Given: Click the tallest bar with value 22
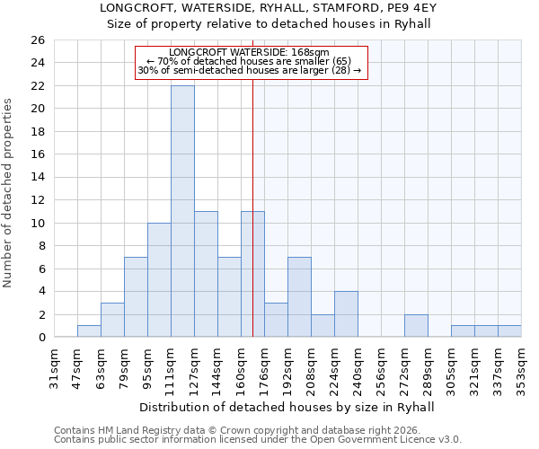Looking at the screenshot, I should coord(182,211).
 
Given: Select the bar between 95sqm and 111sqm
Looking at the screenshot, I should coord(159,280).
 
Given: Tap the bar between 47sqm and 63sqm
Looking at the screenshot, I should coord(89,331).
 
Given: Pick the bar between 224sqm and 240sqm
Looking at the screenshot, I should coord(346,314).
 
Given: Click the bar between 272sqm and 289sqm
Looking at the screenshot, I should coord(416,326).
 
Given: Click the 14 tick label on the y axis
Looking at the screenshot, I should coord(38,178).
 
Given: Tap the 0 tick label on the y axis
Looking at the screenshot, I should coord(41,338).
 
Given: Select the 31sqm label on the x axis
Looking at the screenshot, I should coord(54,368).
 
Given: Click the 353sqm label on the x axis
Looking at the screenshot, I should coord(521,368).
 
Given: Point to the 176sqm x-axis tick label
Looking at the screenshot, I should coord(264,368).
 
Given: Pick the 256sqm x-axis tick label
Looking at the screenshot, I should coord(381,368).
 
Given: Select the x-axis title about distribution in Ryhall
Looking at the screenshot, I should coord(287,407).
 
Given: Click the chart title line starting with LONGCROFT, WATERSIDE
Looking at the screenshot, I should coord(269,7).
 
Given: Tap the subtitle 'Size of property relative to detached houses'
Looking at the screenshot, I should coord(269,23).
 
